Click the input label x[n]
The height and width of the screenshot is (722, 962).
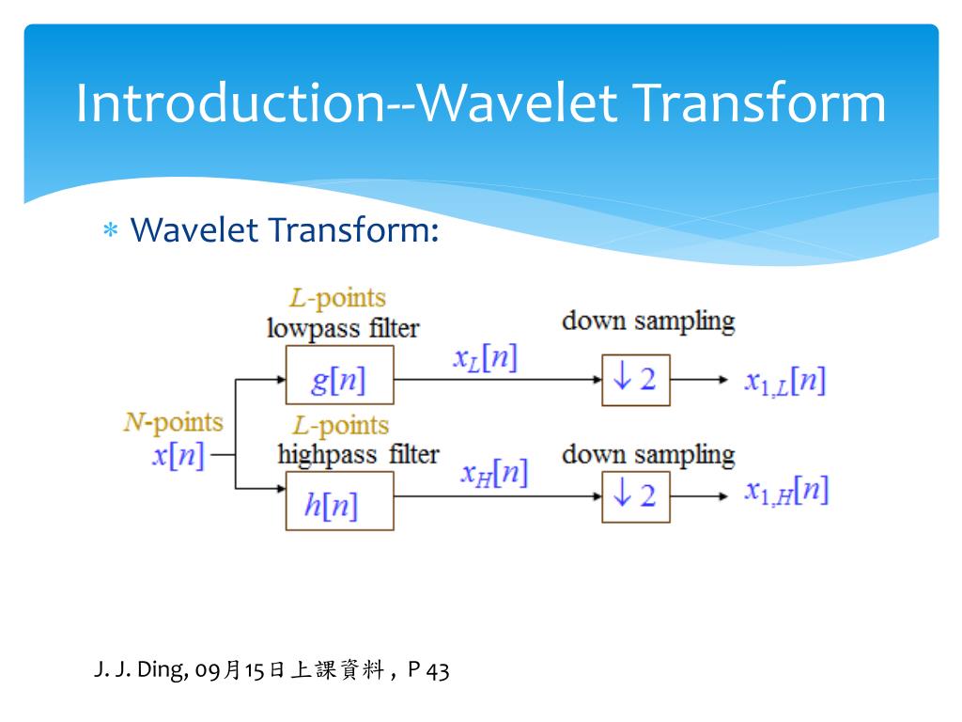[178, 456]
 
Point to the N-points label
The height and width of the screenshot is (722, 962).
[174, 422]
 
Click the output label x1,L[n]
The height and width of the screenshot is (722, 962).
[784, 382]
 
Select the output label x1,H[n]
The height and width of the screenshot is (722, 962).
[786, 492]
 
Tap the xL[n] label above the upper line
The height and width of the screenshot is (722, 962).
[485, 357]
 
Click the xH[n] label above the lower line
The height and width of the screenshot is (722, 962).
[494, 474]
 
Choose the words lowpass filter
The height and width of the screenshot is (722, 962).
[343, 328]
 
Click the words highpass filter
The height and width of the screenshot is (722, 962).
[358, 455]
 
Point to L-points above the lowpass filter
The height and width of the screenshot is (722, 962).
[337, 298]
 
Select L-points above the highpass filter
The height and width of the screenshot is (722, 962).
[340, 425]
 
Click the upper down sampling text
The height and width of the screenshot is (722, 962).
[648, 322]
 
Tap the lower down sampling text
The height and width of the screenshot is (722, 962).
[648, 456]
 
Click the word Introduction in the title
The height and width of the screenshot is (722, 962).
[231, 102]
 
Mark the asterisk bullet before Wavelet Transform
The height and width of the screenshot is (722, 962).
[111, 231]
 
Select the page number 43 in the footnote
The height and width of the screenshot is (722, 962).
[438, 670]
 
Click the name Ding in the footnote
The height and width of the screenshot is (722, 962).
[163, 669]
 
